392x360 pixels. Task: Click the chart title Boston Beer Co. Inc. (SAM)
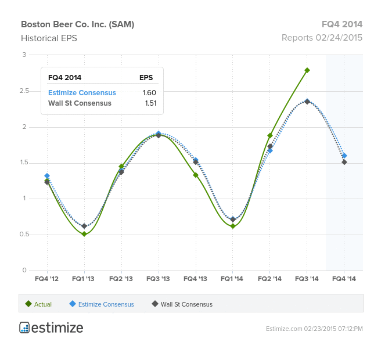pyautogui.click(x=77, y=24)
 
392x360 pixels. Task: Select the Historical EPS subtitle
pyautogui.click(x=49, y=38)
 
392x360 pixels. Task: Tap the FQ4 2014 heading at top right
pyautogui.click(x=342, y=24)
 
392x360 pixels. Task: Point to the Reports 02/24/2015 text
pyautogui.click(x=322, y=38)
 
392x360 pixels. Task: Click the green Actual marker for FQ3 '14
pyautogui.click(x=307, y=70)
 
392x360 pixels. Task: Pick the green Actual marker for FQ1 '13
pyautogui.click(x=84, y=234)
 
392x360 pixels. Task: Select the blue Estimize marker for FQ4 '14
pyautogui.click(x=344, y=156)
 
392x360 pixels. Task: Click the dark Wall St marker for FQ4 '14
pyautogui.click(x=344, y=162)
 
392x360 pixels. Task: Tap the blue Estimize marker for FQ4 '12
pyautogui.click(x=47, y=176)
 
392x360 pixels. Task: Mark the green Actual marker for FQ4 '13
pyautogui.click(x=196, y=175)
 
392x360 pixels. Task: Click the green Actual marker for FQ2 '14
pyautogui.click(x=270, y=136)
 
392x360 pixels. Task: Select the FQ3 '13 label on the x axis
pyautogui.click(x=158, y=279)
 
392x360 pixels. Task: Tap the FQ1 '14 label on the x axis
pyautogui.click(x=232, y=279)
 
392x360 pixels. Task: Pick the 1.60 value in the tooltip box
pyautogui.click(x=149, y=93)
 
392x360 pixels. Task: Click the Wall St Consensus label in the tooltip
pyautogui.click(x=80, y=103)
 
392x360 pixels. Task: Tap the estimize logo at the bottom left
pyautogui.click(x=51, y=327)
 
